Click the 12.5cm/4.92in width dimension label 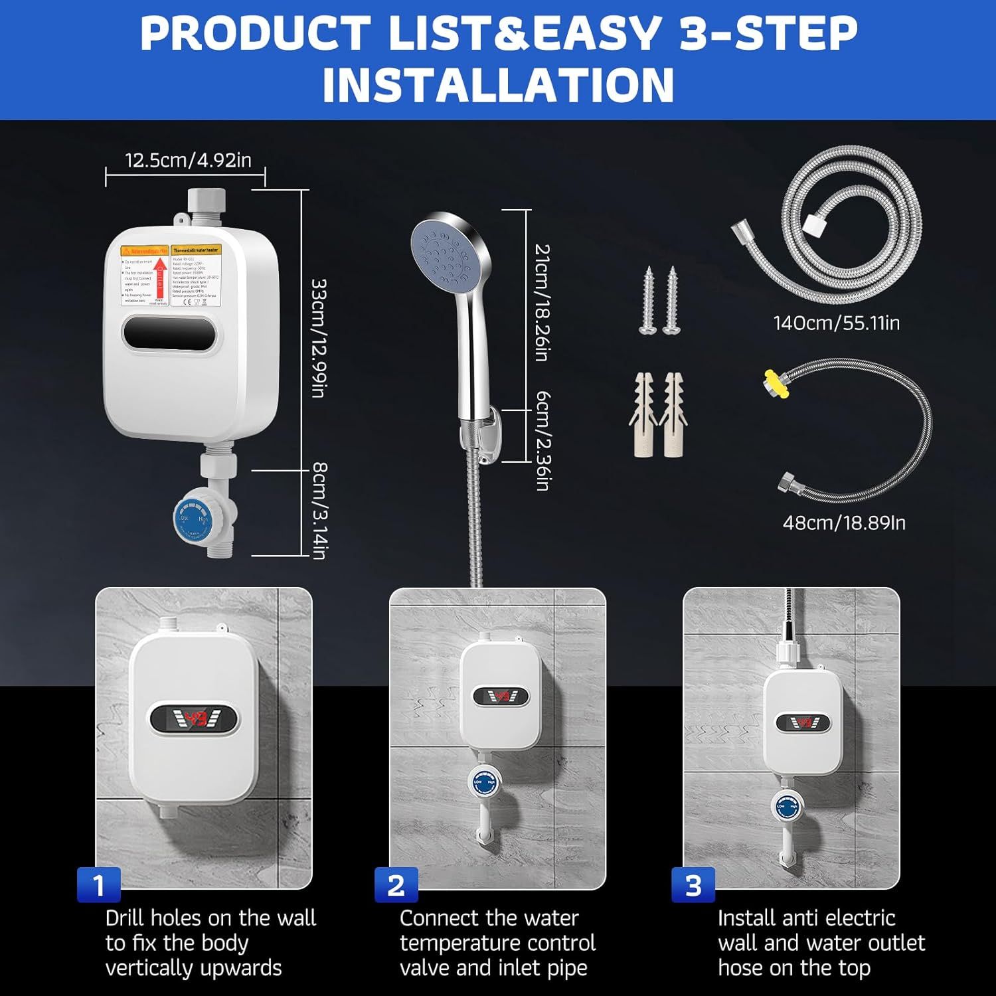coord(189,160)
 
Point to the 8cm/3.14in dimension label coord(319,511)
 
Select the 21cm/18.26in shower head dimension coord(542,302)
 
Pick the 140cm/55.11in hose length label coord(836,323)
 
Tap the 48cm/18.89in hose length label coord(844,523)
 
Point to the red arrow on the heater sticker coord(159,278)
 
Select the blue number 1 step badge coord(99,885)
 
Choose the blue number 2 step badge coord(396,885)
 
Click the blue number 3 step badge coord(693,885)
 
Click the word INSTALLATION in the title coord(498,84)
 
